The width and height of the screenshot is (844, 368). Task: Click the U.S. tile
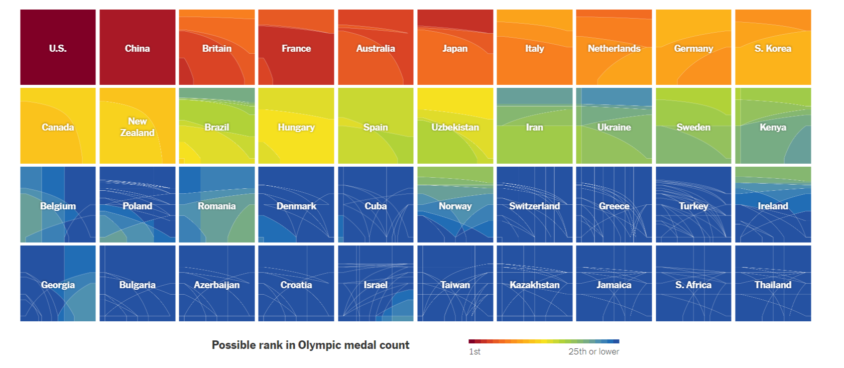[x=58, y=48]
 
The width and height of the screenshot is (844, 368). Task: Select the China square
[x=137, y=48]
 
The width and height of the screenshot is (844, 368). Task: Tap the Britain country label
[x=217, y=49]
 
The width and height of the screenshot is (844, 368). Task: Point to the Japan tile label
[x=455, y=49]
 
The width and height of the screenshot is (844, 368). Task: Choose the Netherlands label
[x=614, y=49]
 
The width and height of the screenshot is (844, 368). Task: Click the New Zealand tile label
[x=137, y=127]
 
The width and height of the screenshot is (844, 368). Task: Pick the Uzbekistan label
[x=455, y=128]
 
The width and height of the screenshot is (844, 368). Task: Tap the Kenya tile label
[x=773, y=128]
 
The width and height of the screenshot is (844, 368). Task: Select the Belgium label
[x=58, y=206]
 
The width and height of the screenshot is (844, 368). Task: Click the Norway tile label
[x=455, y=206]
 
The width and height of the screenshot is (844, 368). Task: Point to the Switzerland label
[x=534, y=206]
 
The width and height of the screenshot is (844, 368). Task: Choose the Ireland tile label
[x=773, y=206]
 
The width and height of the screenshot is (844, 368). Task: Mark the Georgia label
[x=58, y=285]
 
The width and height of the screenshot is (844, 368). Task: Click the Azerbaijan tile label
[x=217, y=285]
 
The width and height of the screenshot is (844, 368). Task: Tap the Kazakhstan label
[x=534, y=285]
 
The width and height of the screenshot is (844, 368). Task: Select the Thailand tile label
[x=773, y=285]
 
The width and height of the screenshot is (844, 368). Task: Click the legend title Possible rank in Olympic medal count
[x=310, y=345]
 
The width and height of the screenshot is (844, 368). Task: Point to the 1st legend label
[x=474, y=352]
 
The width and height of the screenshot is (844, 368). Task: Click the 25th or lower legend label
[x=593, y=352]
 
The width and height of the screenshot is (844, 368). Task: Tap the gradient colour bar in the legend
[x=544, y=341]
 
